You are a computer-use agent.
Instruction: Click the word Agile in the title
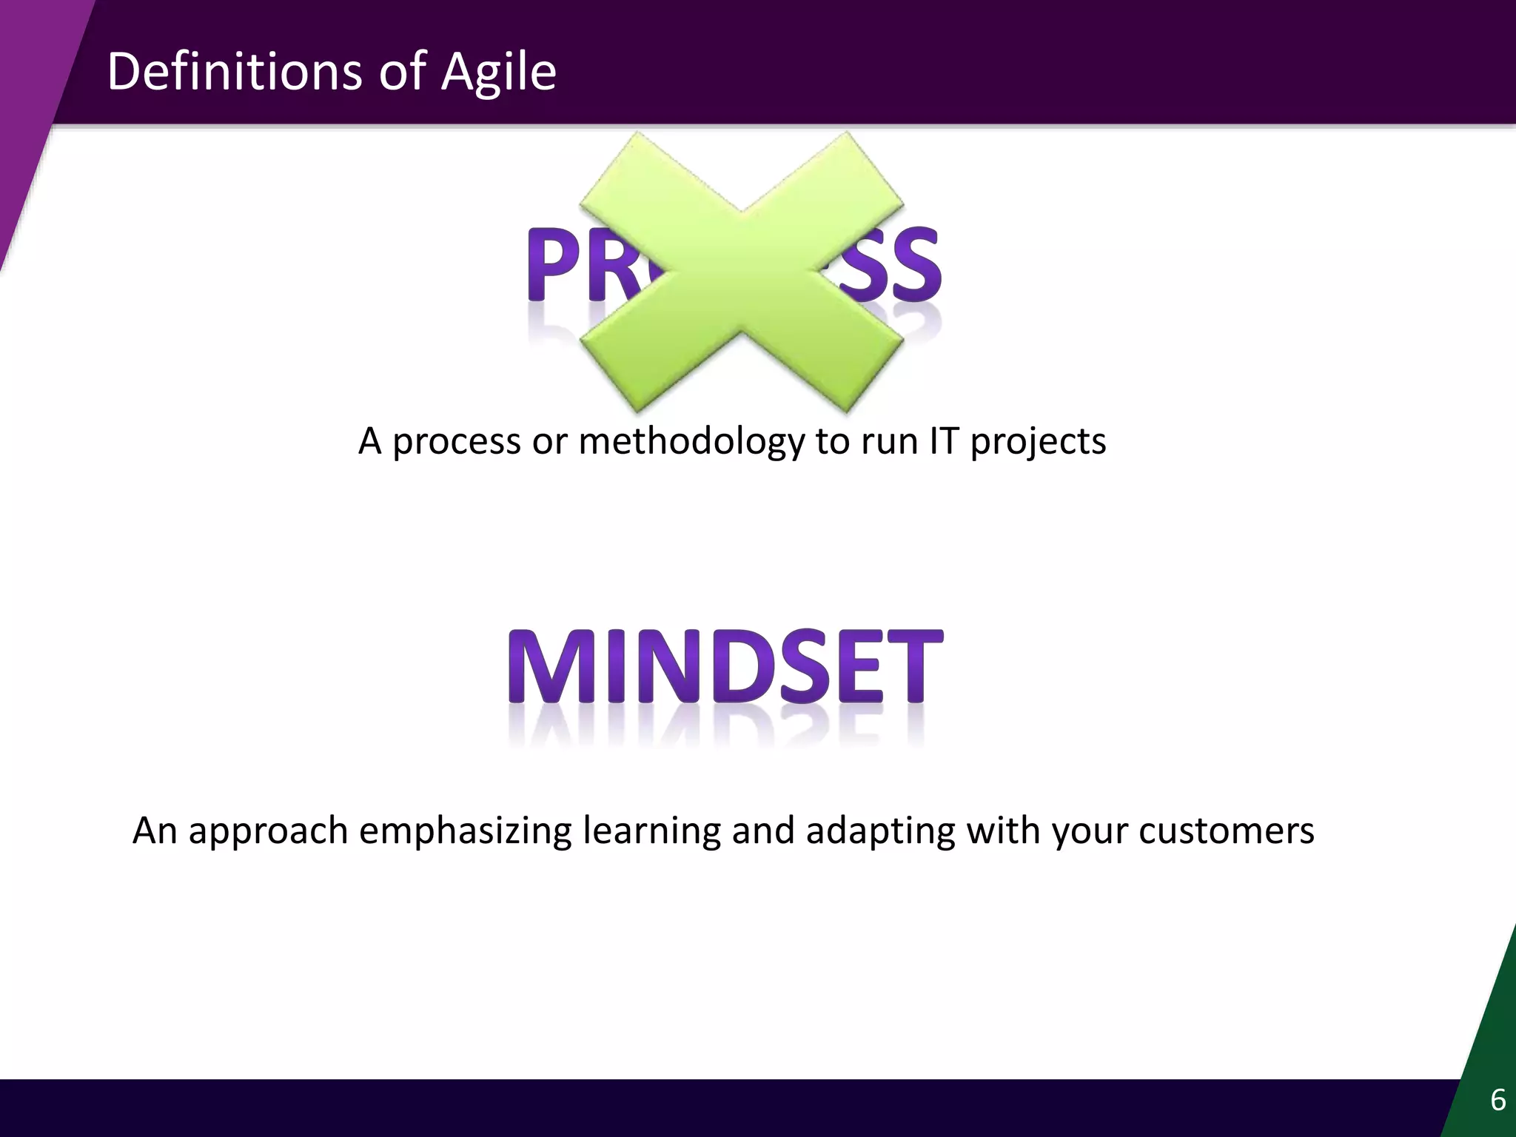(x=498, y=72)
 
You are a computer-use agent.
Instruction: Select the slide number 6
(x=1497, y=1101)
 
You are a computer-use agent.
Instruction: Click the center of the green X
(x=741, y=272)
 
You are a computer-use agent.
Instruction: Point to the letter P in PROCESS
(x=556, y=265)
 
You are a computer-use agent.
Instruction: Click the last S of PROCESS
(x=911, y=265)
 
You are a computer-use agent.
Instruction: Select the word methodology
(x=691, y=441)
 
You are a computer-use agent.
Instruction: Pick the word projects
(x=1038, y=443)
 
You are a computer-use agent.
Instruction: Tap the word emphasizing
(x=465, y=831)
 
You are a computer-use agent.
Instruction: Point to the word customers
(x=1226, y=831)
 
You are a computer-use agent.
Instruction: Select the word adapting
(x=880, y=831)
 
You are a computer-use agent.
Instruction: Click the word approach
(x=268, y=831)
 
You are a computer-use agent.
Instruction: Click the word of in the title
(x=403, y=72)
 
